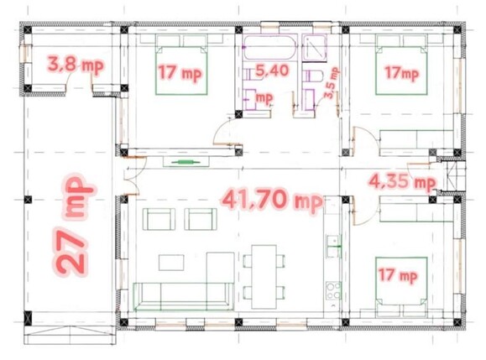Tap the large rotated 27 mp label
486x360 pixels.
coord(74,226)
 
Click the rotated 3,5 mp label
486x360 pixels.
coord(331,82)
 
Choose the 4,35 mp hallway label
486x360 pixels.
coord(401,180)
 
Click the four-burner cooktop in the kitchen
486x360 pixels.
coord(333,292)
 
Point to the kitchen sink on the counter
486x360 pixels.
coord(332,249)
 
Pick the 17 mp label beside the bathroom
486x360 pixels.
coord(180,73)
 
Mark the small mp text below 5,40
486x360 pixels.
coord(264,97)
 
